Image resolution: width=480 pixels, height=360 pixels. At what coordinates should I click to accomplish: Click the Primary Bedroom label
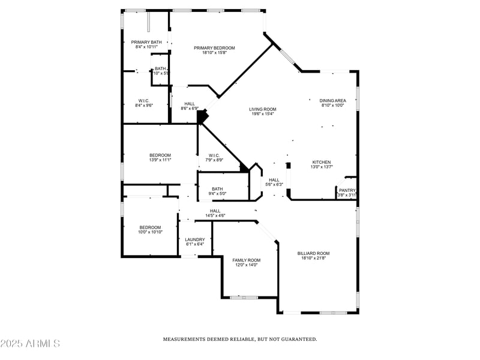pos(214,48)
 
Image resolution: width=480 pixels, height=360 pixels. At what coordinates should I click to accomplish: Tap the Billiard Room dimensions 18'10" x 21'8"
pos(313,259)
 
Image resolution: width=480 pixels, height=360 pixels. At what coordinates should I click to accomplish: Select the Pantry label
pos(347,190)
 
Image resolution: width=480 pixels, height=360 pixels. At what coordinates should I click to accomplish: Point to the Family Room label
pos(246,260)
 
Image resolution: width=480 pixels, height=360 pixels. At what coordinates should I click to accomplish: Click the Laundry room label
pos(194,239)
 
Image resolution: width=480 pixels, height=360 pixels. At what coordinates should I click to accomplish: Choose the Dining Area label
pos(332,100)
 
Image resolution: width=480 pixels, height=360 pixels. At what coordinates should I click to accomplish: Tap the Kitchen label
pos(321,162)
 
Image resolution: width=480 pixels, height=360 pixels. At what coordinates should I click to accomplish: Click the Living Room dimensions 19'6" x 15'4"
pos(262,114)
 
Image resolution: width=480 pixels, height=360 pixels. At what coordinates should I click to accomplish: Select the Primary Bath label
pos(146,42)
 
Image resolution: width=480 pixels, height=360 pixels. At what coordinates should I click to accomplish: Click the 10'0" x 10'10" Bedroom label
pos(150,227)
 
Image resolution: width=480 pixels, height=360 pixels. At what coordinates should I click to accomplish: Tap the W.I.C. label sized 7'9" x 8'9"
pos(214,155)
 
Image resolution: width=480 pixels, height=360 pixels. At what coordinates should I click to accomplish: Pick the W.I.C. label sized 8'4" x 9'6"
pos(144,101)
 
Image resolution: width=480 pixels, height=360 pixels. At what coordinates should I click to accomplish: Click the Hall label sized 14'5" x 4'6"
pos(215,211)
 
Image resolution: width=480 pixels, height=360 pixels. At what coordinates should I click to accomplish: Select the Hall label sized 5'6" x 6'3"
pos(274,180)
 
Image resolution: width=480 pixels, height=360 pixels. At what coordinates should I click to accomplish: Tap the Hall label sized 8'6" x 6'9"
pos(190,104)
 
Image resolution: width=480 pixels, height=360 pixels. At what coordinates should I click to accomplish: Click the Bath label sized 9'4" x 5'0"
pos(217,189)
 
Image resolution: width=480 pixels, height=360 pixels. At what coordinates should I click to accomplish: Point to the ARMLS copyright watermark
pos(30,344)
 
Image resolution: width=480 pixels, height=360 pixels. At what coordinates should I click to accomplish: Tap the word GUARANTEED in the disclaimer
pos(296,340)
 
